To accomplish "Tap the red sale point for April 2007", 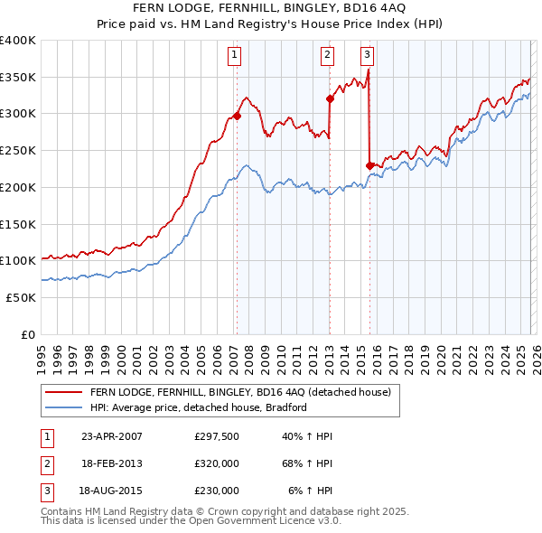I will (237, 116).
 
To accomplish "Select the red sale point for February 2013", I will (330, 99).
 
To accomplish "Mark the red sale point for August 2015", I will (369, 165).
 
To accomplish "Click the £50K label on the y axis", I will (21, 297).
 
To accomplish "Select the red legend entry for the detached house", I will (240, 392).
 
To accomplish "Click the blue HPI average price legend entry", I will (199, 407).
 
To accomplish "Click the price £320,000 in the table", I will (217, 463).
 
